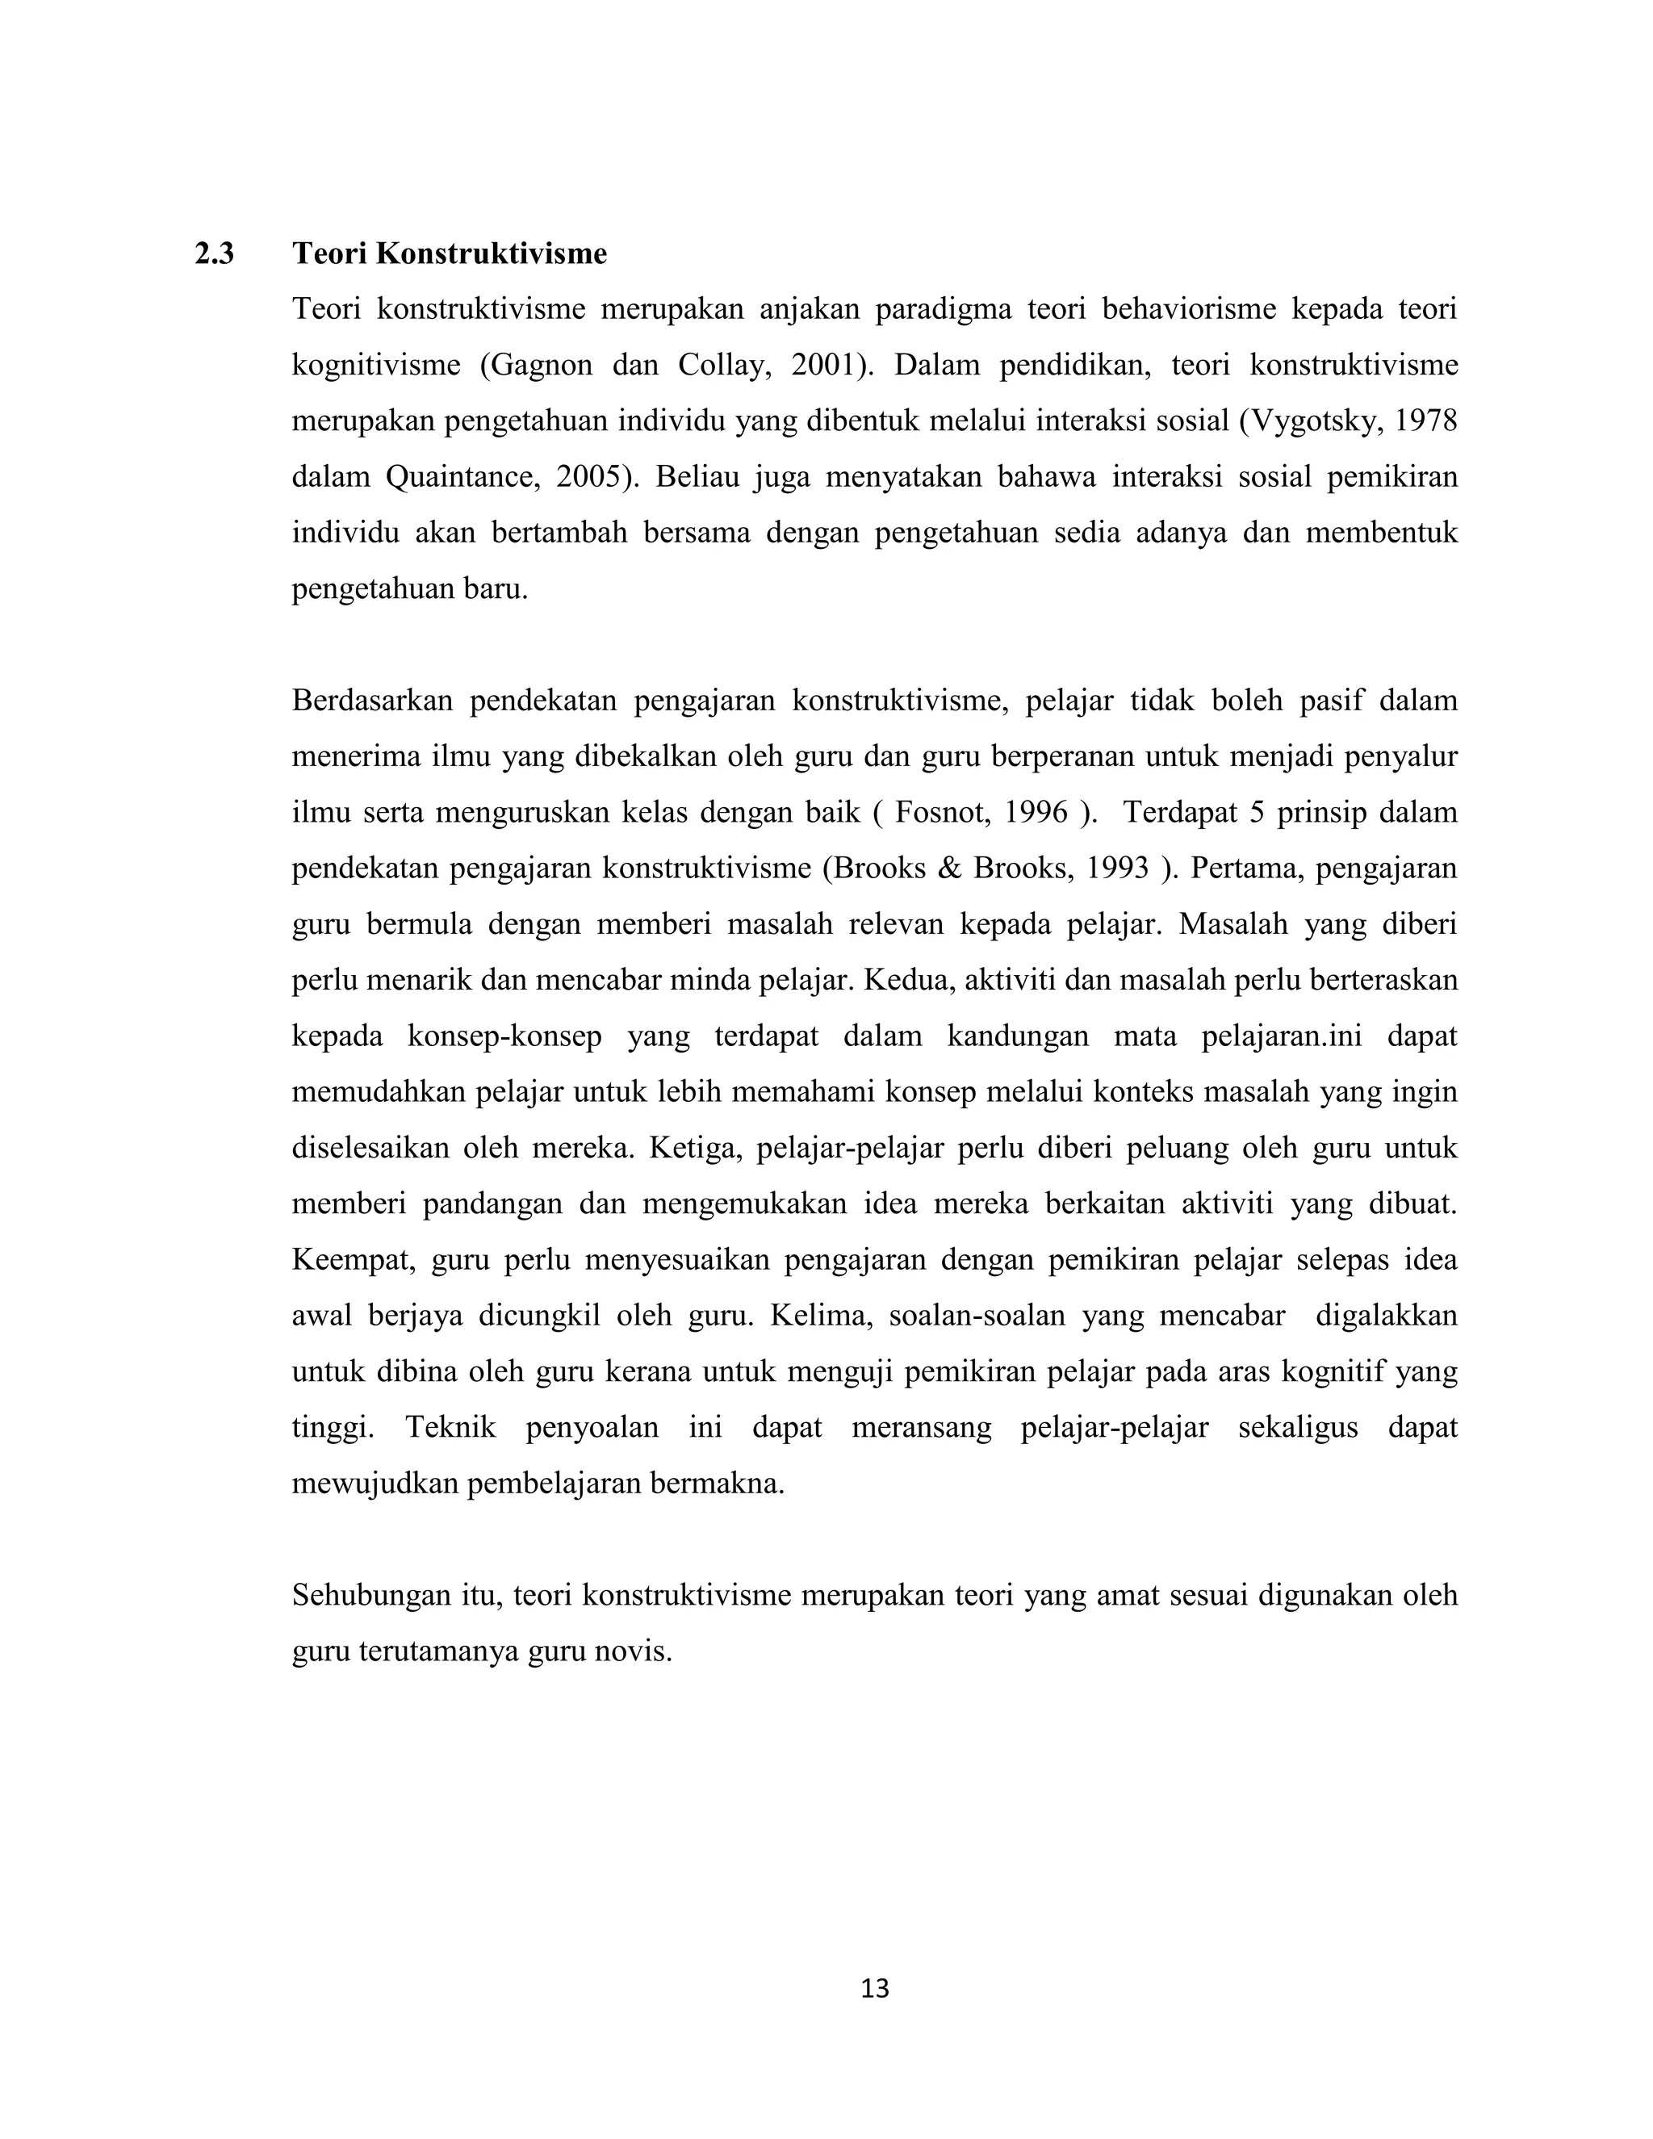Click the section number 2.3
[215, 253]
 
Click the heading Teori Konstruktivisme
[450, 253]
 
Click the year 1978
[1426, 421]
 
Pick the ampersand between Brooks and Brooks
[949, 868]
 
